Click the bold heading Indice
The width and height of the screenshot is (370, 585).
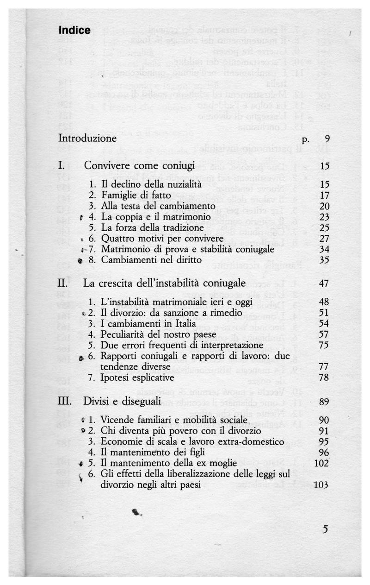74,31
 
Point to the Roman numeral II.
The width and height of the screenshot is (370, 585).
63,283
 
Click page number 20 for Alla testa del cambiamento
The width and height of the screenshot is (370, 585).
324,206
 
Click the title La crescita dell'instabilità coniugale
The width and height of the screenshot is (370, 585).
164,283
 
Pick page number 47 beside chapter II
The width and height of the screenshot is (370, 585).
324,283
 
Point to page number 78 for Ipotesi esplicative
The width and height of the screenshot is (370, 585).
324,377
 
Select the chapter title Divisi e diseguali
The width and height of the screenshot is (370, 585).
122,401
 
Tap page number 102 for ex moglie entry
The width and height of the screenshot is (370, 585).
321,463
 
